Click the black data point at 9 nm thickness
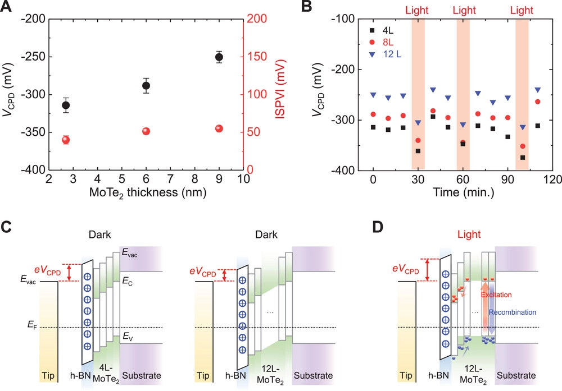pos(219,57)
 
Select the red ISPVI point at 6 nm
pos(146,131)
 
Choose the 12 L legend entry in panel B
pos(392,54)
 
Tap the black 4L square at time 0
pos(373,127)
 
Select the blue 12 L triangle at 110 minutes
pos(537,90)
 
